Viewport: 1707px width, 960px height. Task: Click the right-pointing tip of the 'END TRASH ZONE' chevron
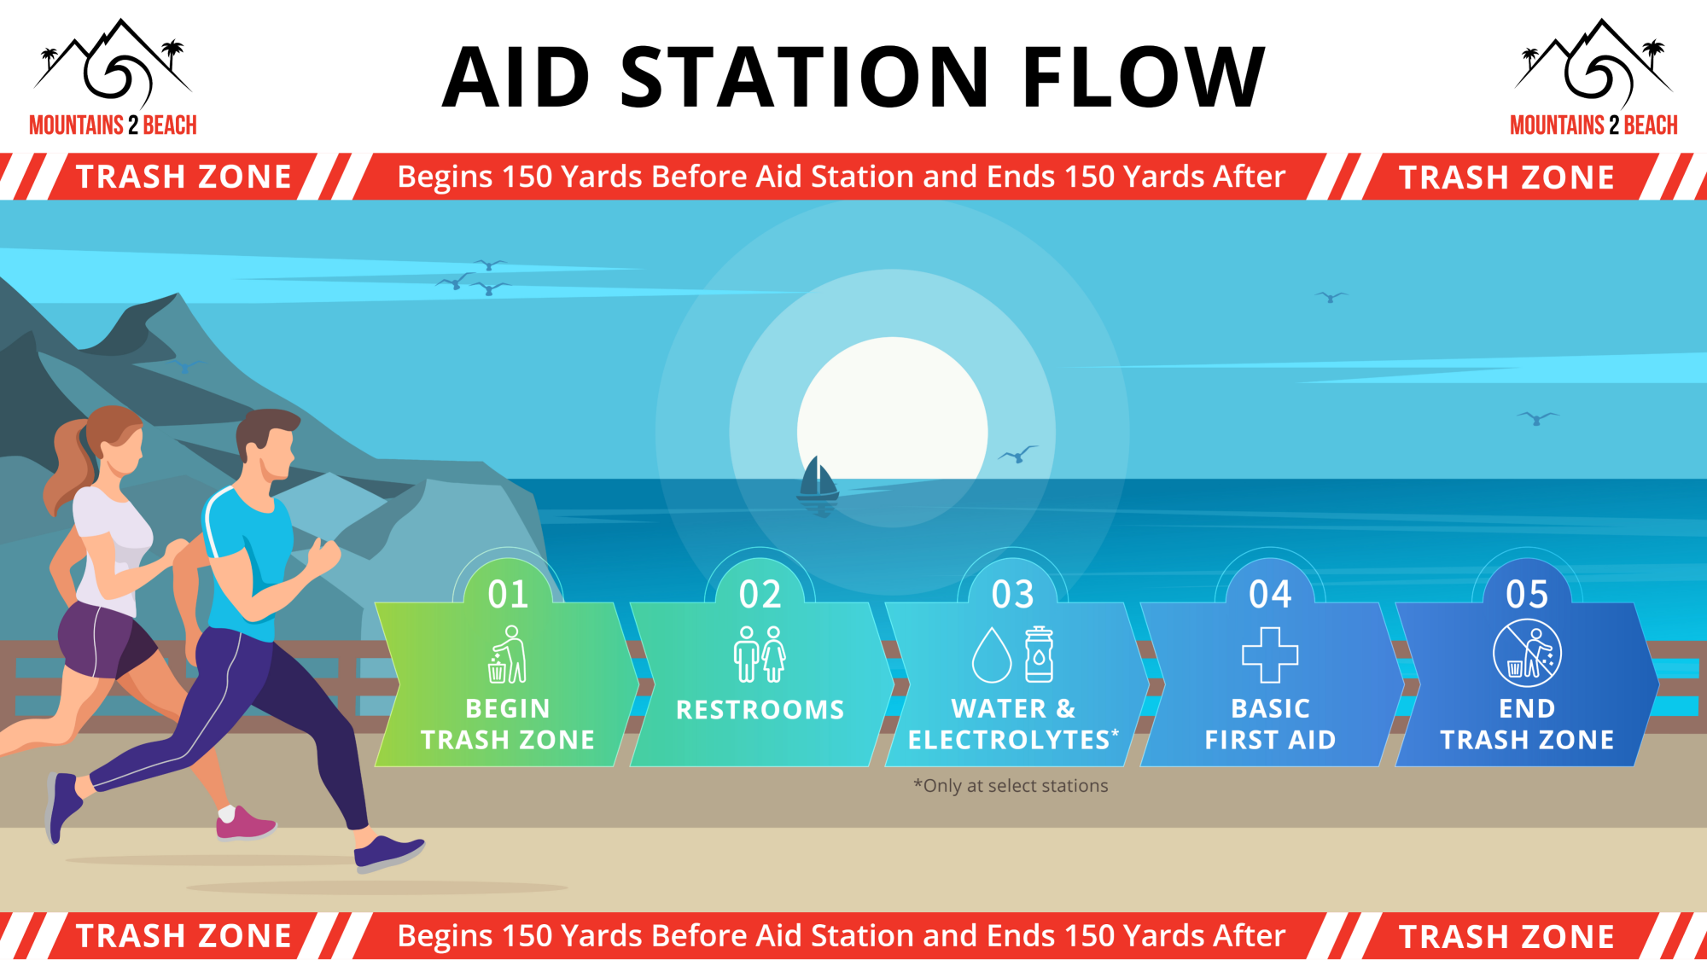pyautogui.click(x=1658, y=684)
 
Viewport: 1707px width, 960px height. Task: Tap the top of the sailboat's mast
pyautogui.click(x=818, y=457)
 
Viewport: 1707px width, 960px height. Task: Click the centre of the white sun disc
pyautogui.click(x=892, y=432)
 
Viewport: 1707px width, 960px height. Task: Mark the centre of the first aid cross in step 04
pyautogui.click(x=1270, y=655)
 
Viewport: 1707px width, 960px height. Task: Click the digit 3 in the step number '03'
pyautogui.click(x=1024, y=594)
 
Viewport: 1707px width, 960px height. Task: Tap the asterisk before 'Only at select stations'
pyautogui.click(x=918, y=783)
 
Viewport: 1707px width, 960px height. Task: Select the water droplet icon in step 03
pyautogui.click(x=992, y=655)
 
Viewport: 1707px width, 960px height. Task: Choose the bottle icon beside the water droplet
pyautogui.click(x=1039, y=655)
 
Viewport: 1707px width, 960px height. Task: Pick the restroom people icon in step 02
pyautogui.click(x=760, y=655)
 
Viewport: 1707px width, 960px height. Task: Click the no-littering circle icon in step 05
pyautogui.click(x=1527, y=654)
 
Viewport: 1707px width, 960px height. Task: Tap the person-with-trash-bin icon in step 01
pyautogui.click(x=507, y=655)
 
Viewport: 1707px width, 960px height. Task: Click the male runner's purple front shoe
pyautogui.click(x=387, y=852)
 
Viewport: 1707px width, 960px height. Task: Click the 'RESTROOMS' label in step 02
pyautogui.click(x=760, y=710)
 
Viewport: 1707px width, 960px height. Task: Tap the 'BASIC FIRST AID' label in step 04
pyautogui.click(x=1270, y=724)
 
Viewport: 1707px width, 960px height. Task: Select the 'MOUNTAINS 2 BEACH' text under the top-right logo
pyautogui.click(x=1593, y=125)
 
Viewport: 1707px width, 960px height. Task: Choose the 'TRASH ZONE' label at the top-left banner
pyautogui.click(x=184, y=177)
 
